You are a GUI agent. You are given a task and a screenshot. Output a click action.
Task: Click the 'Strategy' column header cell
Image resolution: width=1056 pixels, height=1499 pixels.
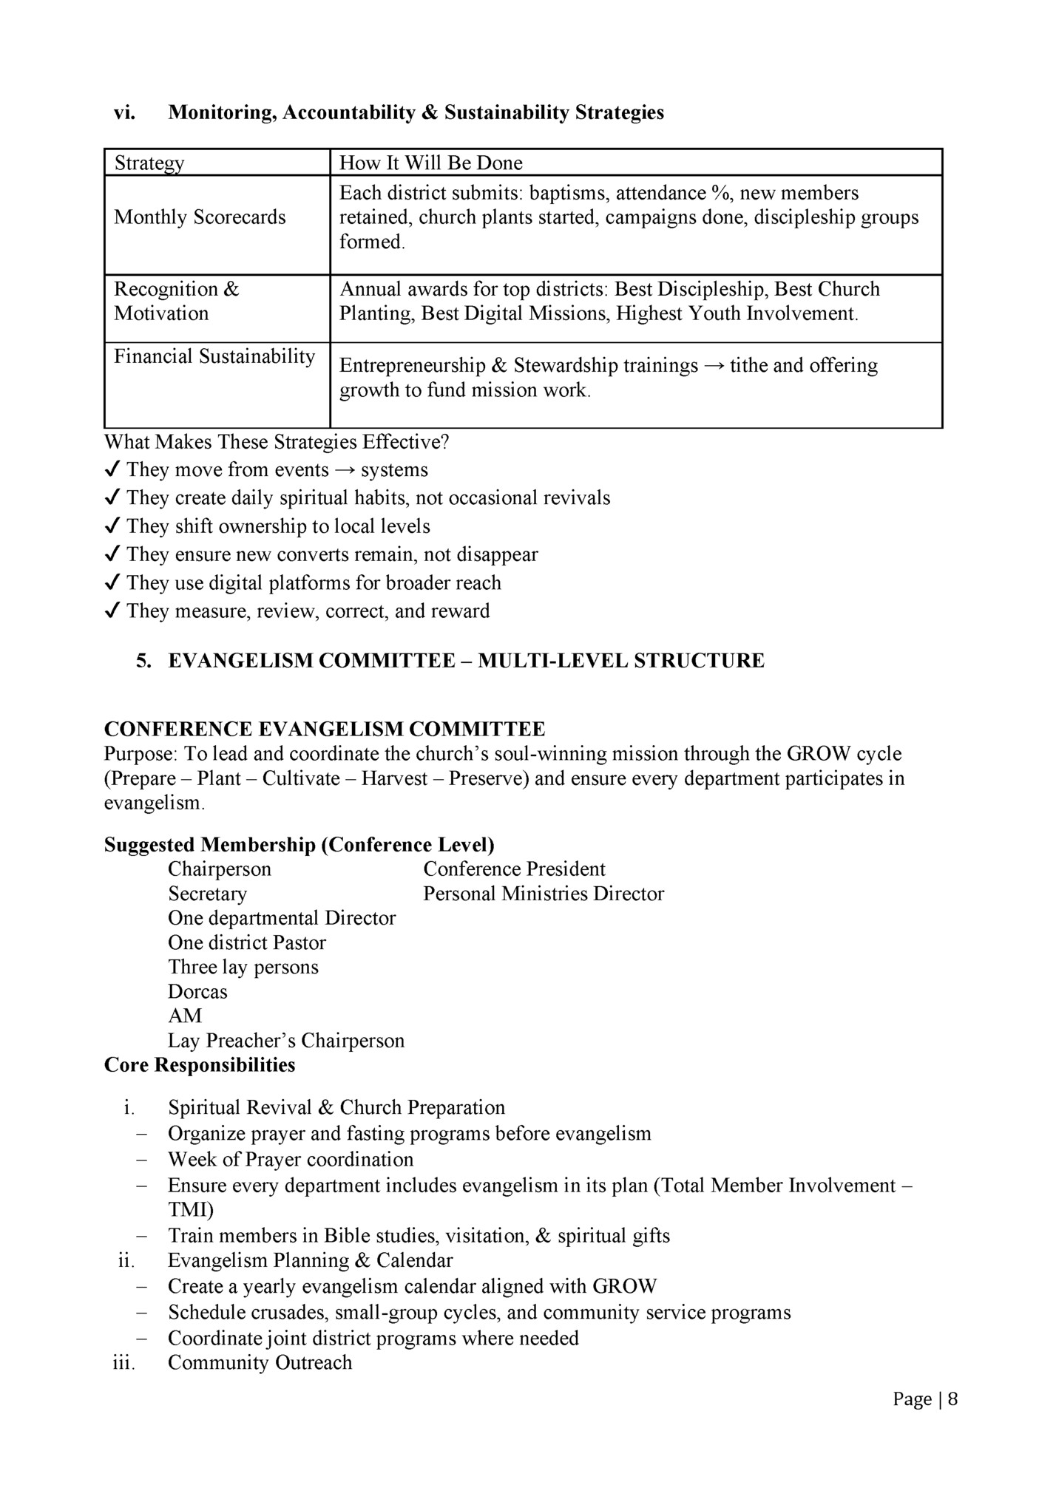pos(149,163)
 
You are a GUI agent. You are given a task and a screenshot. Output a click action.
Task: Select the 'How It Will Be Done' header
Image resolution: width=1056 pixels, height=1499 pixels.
pos(430,163)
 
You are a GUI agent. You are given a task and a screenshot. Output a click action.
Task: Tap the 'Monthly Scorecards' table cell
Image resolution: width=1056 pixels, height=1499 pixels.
pos(200,217)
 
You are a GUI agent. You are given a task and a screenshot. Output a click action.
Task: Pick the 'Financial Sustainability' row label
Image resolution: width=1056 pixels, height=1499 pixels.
pos(214,356)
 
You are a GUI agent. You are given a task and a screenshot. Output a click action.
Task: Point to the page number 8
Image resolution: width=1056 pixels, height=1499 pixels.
pos(952,1398)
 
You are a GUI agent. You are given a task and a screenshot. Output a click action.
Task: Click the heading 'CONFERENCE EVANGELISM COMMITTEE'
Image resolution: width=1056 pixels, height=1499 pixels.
pos(325,729)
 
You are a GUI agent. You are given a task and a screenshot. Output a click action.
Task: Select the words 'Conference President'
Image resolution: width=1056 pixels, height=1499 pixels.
pos(514,869)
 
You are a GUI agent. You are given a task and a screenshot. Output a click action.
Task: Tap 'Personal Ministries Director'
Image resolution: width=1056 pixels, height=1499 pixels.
pos(544,894)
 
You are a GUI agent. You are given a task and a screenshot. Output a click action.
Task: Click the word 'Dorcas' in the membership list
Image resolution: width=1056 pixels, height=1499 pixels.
pos(197,991)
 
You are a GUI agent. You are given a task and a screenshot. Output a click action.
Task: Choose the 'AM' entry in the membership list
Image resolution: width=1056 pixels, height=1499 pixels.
pos(184,1016)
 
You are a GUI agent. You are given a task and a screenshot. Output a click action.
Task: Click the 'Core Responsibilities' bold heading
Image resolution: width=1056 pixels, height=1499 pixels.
pos(200,1065)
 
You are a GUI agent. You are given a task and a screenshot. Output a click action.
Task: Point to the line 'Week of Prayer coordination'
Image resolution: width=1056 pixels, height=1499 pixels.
pos(291,1159)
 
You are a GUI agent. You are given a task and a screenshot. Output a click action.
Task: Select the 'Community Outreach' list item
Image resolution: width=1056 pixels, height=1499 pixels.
pos(260,1362)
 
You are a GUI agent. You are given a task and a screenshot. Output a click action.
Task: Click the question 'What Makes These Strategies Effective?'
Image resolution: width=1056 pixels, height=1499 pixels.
pos(277,442)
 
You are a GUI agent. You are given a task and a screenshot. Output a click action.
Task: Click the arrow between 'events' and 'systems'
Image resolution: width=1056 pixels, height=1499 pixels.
pos(345,470)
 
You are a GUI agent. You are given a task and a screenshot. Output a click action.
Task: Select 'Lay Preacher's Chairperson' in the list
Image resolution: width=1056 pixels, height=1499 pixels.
pos(286,1041)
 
